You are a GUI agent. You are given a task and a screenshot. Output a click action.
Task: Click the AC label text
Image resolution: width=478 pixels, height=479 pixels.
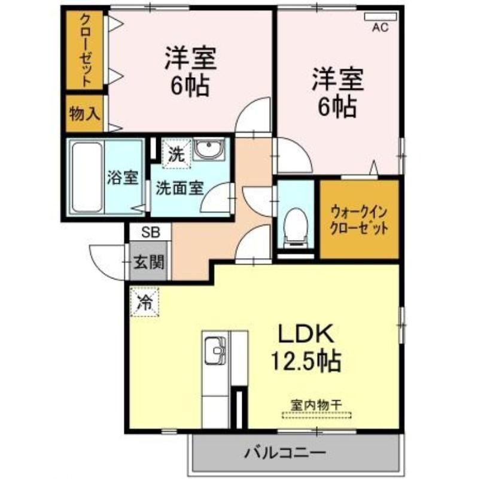[x=380, y=28]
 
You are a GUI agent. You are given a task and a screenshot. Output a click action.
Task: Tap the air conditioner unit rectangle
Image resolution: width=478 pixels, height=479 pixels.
[x=380, y=17]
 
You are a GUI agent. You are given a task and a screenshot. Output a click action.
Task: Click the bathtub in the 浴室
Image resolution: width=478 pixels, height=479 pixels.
[x=87, y=177]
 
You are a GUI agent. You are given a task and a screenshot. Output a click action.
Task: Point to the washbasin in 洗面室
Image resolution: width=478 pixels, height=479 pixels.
[x=209, y=149]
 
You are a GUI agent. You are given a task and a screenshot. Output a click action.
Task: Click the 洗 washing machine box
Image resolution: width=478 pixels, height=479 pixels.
[x=176, y=154]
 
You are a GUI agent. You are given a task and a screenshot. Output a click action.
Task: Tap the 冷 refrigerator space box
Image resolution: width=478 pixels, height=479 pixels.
[x=144, y=302]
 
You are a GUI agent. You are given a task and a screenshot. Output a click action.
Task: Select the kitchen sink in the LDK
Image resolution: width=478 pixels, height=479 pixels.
[x=215, y=350]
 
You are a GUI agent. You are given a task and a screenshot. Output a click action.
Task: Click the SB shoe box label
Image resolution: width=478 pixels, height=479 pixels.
[x=151, y=233]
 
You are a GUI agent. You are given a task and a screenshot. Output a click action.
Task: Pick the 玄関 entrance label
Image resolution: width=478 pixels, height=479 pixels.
[x=149, y=262]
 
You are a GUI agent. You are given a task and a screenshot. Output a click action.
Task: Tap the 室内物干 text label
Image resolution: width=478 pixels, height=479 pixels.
[x=316, y=405]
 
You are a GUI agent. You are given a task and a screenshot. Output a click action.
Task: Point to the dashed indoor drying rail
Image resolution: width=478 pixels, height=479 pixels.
[x=316, y=416]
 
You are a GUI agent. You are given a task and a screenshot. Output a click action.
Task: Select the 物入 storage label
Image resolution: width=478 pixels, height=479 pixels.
[x=84, y=114]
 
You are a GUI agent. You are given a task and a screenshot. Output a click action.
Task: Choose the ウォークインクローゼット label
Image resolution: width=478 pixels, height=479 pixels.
[x=360, y=219]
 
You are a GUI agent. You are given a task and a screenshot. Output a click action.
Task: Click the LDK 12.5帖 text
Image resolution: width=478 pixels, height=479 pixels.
[x=305, y=347]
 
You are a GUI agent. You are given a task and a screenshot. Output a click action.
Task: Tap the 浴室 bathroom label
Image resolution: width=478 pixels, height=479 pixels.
[x=123, y=177]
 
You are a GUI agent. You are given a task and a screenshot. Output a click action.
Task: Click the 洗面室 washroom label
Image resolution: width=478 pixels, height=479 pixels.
[x=179, y=188]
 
